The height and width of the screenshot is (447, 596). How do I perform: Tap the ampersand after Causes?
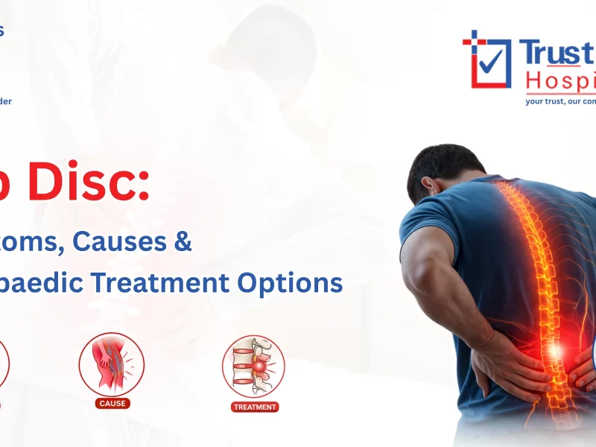[184, 243]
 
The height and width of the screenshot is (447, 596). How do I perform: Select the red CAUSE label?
[112, 403]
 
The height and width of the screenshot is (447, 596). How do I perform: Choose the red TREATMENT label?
[255, 407]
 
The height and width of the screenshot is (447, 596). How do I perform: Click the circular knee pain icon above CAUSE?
[112, 364]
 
